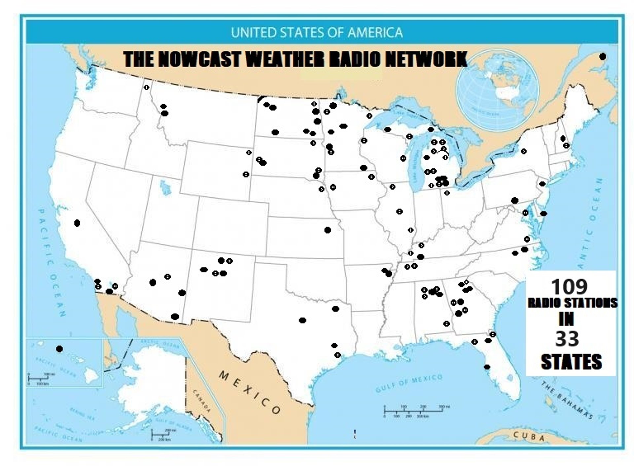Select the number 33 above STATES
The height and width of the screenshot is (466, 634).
tap(567, 339)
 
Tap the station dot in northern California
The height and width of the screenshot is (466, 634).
tap(77, 223)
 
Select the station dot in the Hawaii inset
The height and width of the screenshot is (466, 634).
tap(59, 349)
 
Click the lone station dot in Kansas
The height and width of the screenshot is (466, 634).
tap(328, 230)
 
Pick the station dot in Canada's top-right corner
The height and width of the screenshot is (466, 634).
tap(602, 56)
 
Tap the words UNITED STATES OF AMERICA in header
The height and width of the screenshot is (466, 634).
tap(316, 33)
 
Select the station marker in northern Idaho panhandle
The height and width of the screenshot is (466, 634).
tap(147, 87)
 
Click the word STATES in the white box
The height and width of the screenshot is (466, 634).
tap(571, 362)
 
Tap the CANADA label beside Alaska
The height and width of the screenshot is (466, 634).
tap(201, 401)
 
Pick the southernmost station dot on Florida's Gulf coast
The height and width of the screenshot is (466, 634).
tap(487, 367)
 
